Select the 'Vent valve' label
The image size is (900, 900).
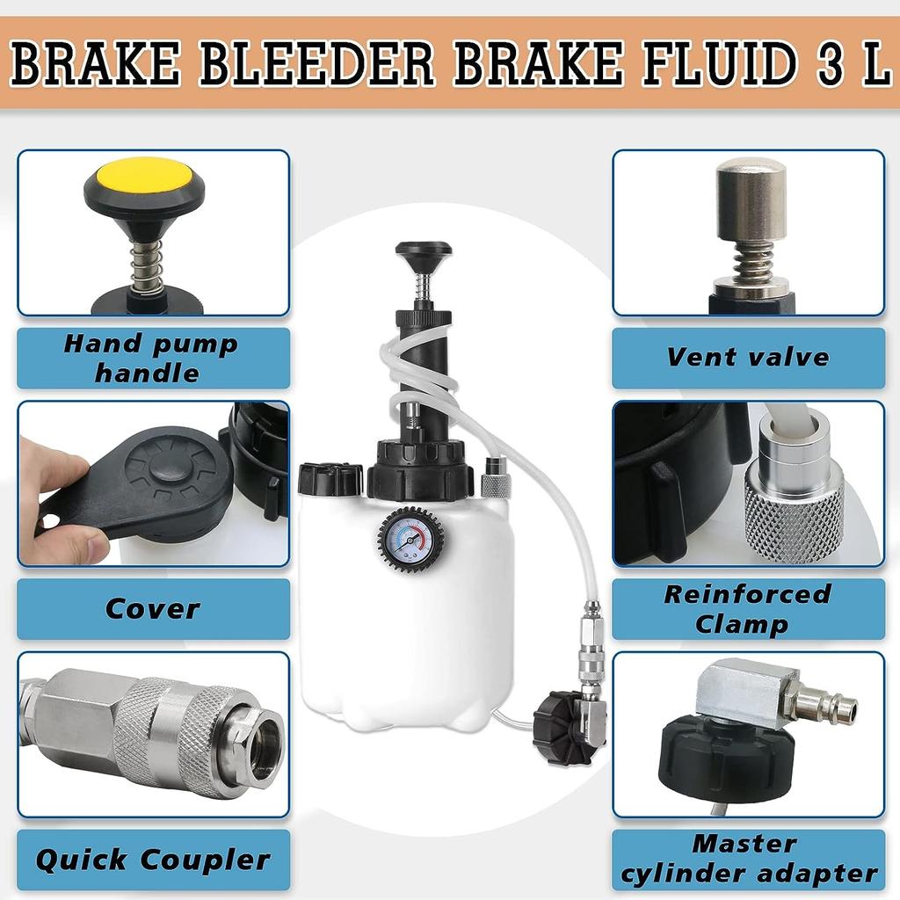[748, 357]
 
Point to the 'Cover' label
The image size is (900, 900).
[153, 608]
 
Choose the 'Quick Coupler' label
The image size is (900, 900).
[153, 860]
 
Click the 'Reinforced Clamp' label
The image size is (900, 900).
[748, 608]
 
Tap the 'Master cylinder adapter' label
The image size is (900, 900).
[748, 860]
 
